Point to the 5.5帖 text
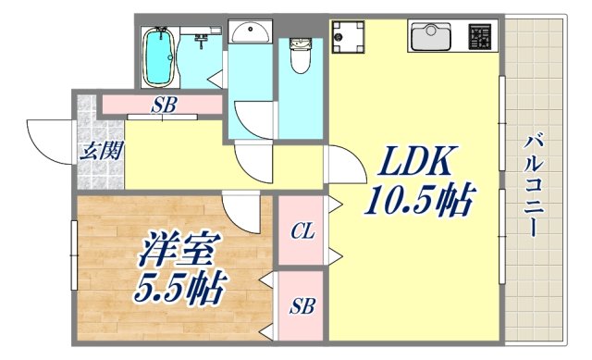coord(179,289)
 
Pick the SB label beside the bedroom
coord(301,305)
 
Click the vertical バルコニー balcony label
coord(534,185)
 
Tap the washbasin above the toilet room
coord(250,34)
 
